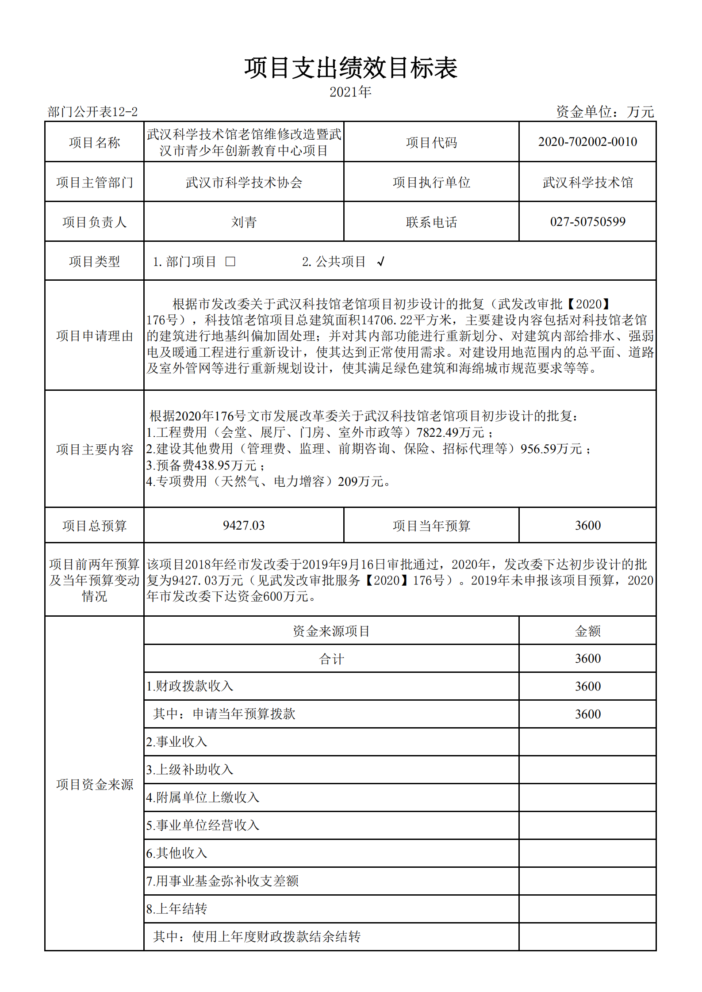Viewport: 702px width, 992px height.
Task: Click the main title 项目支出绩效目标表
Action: coord(351,69)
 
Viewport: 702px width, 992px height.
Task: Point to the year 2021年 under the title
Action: coord(350,92)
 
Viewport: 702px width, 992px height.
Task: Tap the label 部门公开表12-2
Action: coord(92,112)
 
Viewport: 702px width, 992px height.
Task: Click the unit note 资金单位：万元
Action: coord(605,112)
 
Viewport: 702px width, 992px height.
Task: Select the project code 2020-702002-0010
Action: coord(587,142)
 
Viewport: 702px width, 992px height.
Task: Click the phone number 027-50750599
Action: coord(587,221)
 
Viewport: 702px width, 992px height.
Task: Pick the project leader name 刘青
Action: coord(244,222)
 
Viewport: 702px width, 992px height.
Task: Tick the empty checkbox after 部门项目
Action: coord(230,262)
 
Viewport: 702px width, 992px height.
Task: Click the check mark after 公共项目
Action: coord(381,262)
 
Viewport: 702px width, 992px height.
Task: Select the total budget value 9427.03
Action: coord(244,525)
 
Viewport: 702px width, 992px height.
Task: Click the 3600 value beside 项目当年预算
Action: coord(587,525)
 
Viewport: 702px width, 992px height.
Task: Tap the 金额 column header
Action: coord(587,631)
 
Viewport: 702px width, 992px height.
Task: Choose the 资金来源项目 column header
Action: coord(331,631)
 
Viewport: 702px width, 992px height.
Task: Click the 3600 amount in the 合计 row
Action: coord(587,659)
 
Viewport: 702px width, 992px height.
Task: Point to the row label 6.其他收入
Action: coord(177,853)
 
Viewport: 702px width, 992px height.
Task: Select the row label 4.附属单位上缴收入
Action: coord(203,797)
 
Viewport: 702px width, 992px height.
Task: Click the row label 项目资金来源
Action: coord(95,785)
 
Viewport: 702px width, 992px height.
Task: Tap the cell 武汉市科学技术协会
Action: coord(244,182)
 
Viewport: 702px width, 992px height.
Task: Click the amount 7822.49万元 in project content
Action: coord(450,432)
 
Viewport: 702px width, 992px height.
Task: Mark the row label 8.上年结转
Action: coord(177,909)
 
